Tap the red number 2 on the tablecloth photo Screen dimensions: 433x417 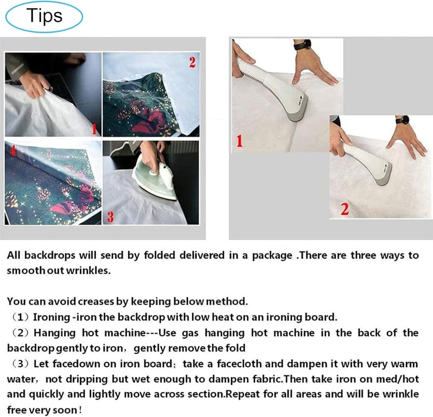(x=193, y=62)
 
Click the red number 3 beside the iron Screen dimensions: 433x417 (x=110, y=216)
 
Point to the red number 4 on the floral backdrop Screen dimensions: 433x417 (x=12, y=150)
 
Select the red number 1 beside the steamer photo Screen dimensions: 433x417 (x=239, y=141)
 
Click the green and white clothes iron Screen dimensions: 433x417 (x=154, y=177)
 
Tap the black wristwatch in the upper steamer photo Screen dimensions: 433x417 (x=303, y=45)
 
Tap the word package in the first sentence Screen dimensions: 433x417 (x=272, y=255)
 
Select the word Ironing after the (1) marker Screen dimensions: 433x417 (x=51, y=317)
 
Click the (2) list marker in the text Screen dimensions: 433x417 (x=21, y=333)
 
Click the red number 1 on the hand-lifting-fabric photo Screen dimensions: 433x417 (x=94, y=129)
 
